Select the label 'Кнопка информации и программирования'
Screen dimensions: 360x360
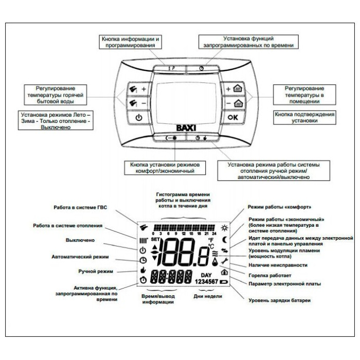(128, 42)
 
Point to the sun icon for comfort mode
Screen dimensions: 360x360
(224, 228)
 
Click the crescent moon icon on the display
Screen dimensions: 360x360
(225, 239)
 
